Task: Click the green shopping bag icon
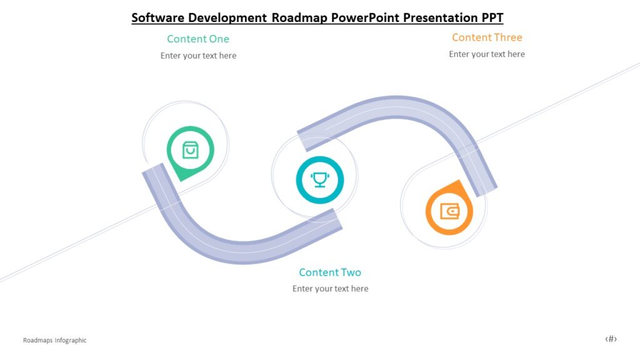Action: tap(190, 150)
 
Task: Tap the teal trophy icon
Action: tap(319, 179)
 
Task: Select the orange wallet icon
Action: tap(449, 211)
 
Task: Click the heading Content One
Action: tap(198, 39)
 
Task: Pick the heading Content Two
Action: tap(330, 272)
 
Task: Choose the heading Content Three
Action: tap(487, 37)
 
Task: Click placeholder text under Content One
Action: tap(198, 56)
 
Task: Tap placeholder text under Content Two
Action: tap(330, 289)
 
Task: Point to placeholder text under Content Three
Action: tap(486, 54)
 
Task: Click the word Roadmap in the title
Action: tap(299, 17)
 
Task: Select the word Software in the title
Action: tap(156, 17)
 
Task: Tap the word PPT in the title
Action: tap(491, 17)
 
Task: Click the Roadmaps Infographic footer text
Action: tap(54, 341)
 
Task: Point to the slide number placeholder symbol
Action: tap(611, 339)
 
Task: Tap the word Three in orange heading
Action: tap(507, 37)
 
